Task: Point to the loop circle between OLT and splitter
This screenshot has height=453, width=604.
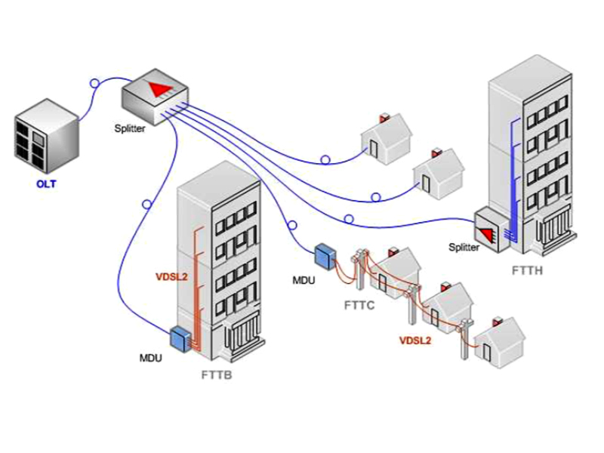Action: (x=94, y=82)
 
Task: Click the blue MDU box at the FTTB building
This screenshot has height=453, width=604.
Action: (x=181, y=339)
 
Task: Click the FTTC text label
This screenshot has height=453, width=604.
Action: (x=361, y=306)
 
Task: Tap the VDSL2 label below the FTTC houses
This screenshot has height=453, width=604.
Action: (x=415, y=341)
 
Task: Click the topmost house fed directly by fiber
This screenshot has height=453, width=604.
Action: (x=387, y=137)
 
